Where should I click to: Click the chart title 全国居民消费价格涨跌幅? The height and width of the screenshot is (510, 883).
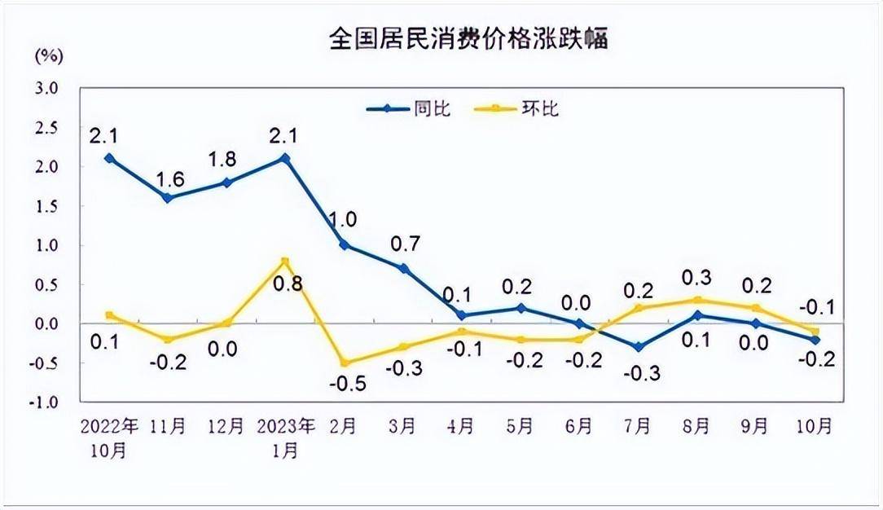coord(468,37)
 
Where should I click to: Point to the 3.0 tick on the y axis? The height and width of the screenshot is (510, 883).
coord(46,88)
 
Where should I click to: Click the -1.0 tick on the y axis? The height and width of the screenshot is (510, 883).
coord(45,402)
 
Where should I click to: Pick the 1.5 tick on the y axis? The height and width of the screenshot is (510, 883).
coord(46,206)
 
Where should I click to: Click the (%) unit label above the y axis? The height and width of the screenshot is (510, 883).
coord(48,56)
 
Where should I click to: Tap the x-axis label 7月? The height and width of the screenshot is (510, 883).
coord(638,426)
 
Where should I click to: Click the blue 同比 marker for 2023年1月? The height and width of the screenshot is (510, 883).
coord(285,158)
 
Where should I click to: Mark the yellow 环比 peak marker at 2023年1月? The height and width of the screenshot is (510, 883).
coord(285,261)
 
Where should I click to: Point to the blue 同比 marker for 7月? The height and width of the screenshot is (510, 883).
coord(638,347)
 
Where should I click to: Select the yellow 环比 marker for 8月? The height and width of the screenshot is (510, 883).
coord(697,300)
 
